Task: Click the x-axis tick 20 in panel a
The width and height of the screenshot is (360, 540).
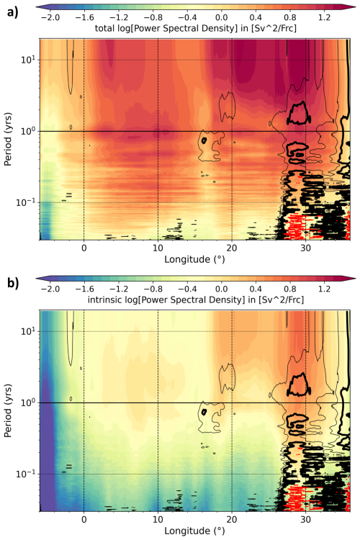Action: point(231,248)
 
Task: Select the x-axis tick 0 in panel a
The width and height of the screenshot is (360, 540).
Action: point(84,248)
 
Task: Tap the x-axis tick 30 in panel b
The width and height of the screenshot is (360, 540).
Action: point(305,520)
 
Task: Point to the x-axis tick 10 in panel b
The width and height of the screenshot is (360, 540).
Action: point(158,520)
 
